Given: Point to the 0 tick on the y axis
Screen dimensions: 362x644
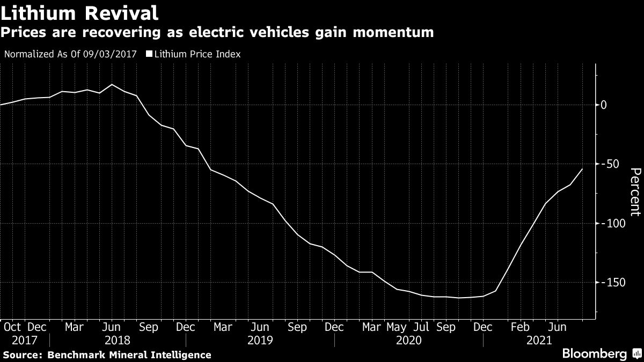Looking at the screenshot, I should tap(604, 105).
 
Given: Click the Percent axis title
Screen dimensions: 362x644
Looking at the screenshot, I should tap(635, 191).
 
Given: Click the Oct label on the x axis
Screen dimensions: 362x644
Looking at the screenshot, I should tap(12, 327).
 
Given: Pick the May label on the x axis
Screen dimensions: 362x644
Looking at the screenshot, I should tap(397, 327).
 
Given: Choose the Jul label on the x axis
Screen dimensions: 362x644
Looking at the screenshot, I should tap(421, 327).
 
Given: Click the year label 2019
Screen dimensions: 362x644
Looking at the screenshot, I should tap(260, 341).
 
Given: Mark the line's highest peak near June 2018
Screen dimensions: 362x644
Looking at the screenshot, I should tap(112, 85).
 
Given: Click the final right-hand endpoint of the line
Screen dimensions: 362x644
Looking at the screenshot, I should tap(582, 169).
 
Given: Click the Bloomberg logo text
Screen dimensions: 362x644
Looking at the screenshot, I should tap(594, 354).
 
